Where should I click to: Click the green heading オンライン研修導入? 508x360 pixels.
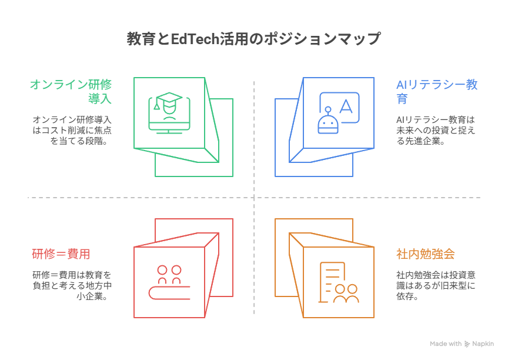coord(71,91)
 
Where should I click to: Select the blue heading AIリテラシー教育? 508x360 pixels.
coord(436,91)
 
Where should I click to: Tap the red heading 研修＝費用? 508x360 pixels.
coord(61,254)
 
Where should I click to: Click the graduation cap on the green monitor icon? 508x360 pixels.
coord(170,100)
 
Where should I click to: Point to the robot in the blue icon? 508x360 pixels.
coord(327,122)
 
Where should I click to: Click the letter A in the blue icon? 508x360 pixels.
coord(346,106)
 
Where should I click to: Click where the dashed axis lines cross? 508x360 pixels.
coord(254,198)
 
